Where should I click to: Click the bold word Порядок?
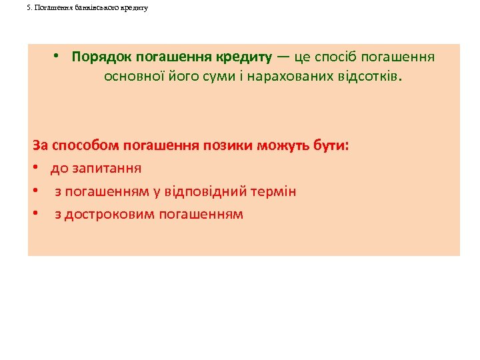click(x=101, y=57)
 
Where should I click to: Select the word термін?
click(x=273, y=191)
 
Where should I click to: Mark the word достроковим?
click(x=111, y=214)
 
